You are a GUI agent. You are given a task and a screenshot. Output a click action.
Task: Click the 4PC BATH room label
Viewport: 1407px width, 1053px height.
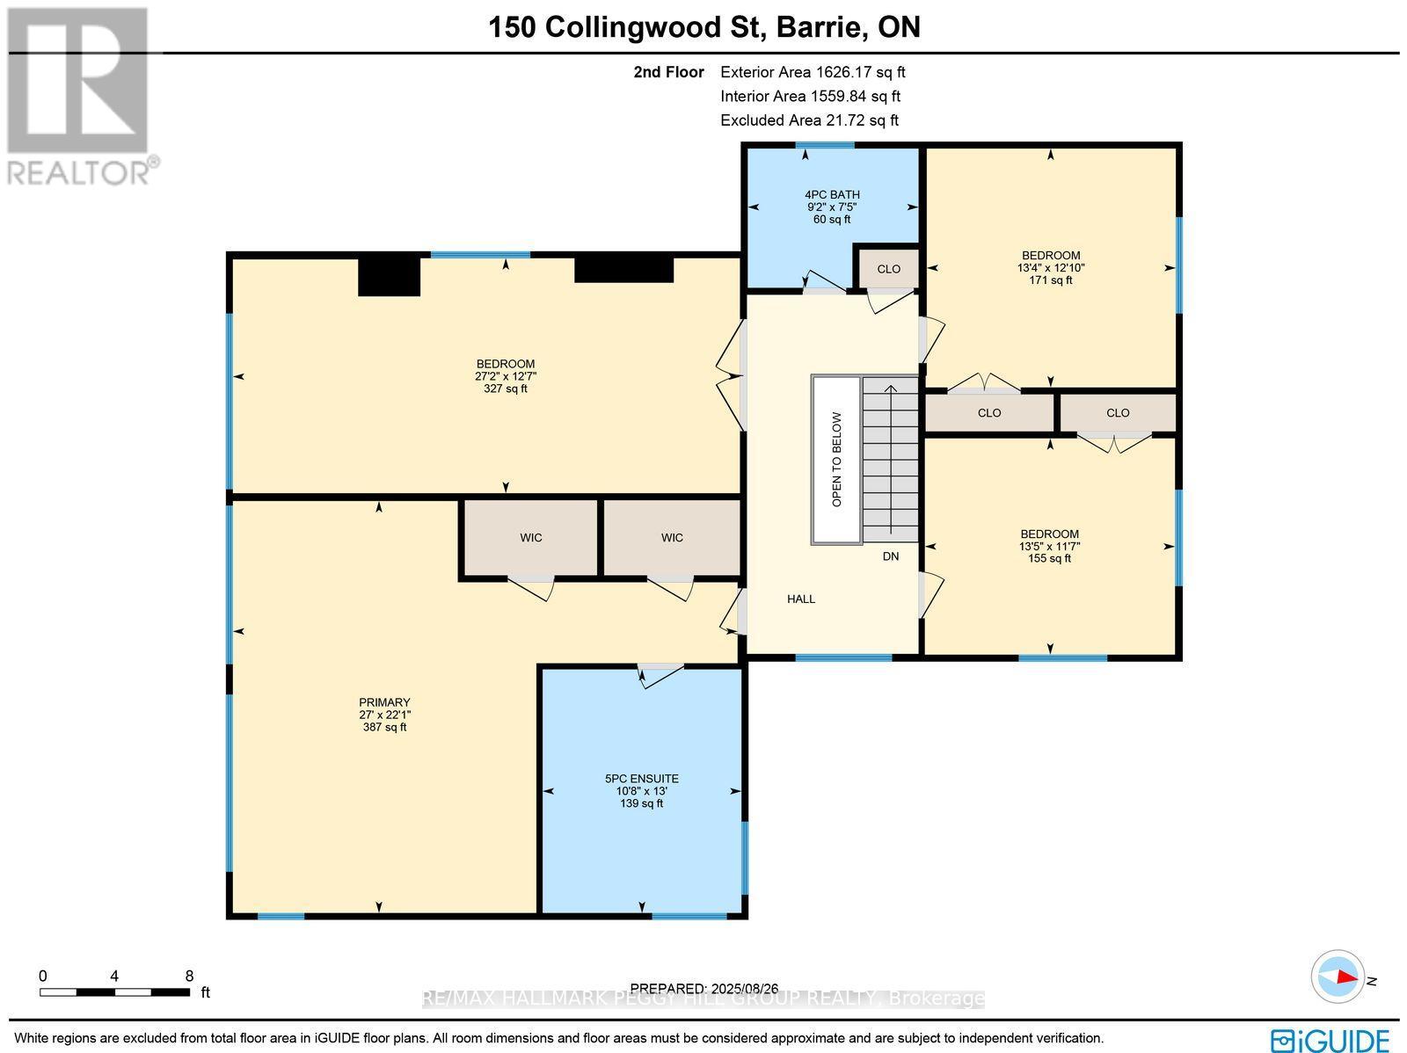tap(832, 195)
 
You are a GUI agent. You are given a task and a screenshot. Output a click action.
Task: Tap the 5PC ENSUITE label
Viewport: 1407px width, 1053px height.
tap(642, 779)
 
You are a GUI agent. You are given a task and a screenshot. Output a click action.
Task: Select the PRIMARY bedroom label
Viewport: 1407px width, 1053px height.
tap(384, 702)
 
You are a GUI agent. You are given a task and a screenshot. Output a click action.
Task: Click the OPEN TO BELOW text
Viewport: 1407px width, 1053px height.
tap(837, 460)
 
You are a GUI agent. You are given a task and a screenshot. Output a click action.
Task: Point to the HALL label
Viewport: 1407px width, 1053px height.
tap(801, 599)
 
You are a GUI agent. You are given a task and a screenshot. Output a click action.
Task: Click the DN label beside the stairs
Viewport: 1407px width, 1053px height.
tap(891, 556)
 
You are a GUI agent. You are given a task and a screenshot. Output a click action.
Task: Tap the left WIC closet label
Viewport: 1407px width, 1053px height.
tap(531, 538)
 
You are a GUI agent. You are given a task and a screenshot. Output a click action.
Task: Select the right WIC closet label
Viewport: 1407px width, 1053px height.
tap(672, 538)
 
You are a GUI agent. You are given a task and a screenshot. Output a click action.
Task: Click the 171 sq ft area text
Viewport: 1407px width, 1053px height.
tap(1051, 280)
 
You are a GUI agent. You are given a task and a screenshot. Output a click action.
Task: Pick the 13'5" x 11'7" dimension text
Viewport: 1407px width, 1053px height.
tap(1050, 546)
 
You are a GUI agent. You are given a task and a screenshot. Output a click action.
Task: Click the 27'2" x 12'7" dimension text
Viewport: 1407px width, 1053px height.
tap(506, 376)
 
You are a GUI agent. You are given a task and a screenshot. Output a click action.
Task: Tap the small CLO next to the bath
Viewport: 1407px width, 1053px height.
tap(889, 269)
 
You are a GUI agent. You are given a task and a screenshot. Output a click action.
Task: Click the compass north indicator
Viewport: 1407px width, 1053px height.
tap(1340, 977)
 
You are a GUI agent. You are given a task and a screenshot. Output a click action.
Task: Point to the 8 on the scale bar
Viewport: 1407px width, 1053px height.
tap(189, 976)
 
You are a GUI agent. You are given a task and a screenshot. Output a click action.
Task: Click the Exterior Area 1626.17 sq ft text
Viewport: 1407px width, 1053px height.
tap(813, 73)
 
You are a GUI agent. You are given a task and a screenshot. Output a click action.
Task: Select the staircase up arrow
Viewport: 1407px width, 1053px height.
tap(891, 389)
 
